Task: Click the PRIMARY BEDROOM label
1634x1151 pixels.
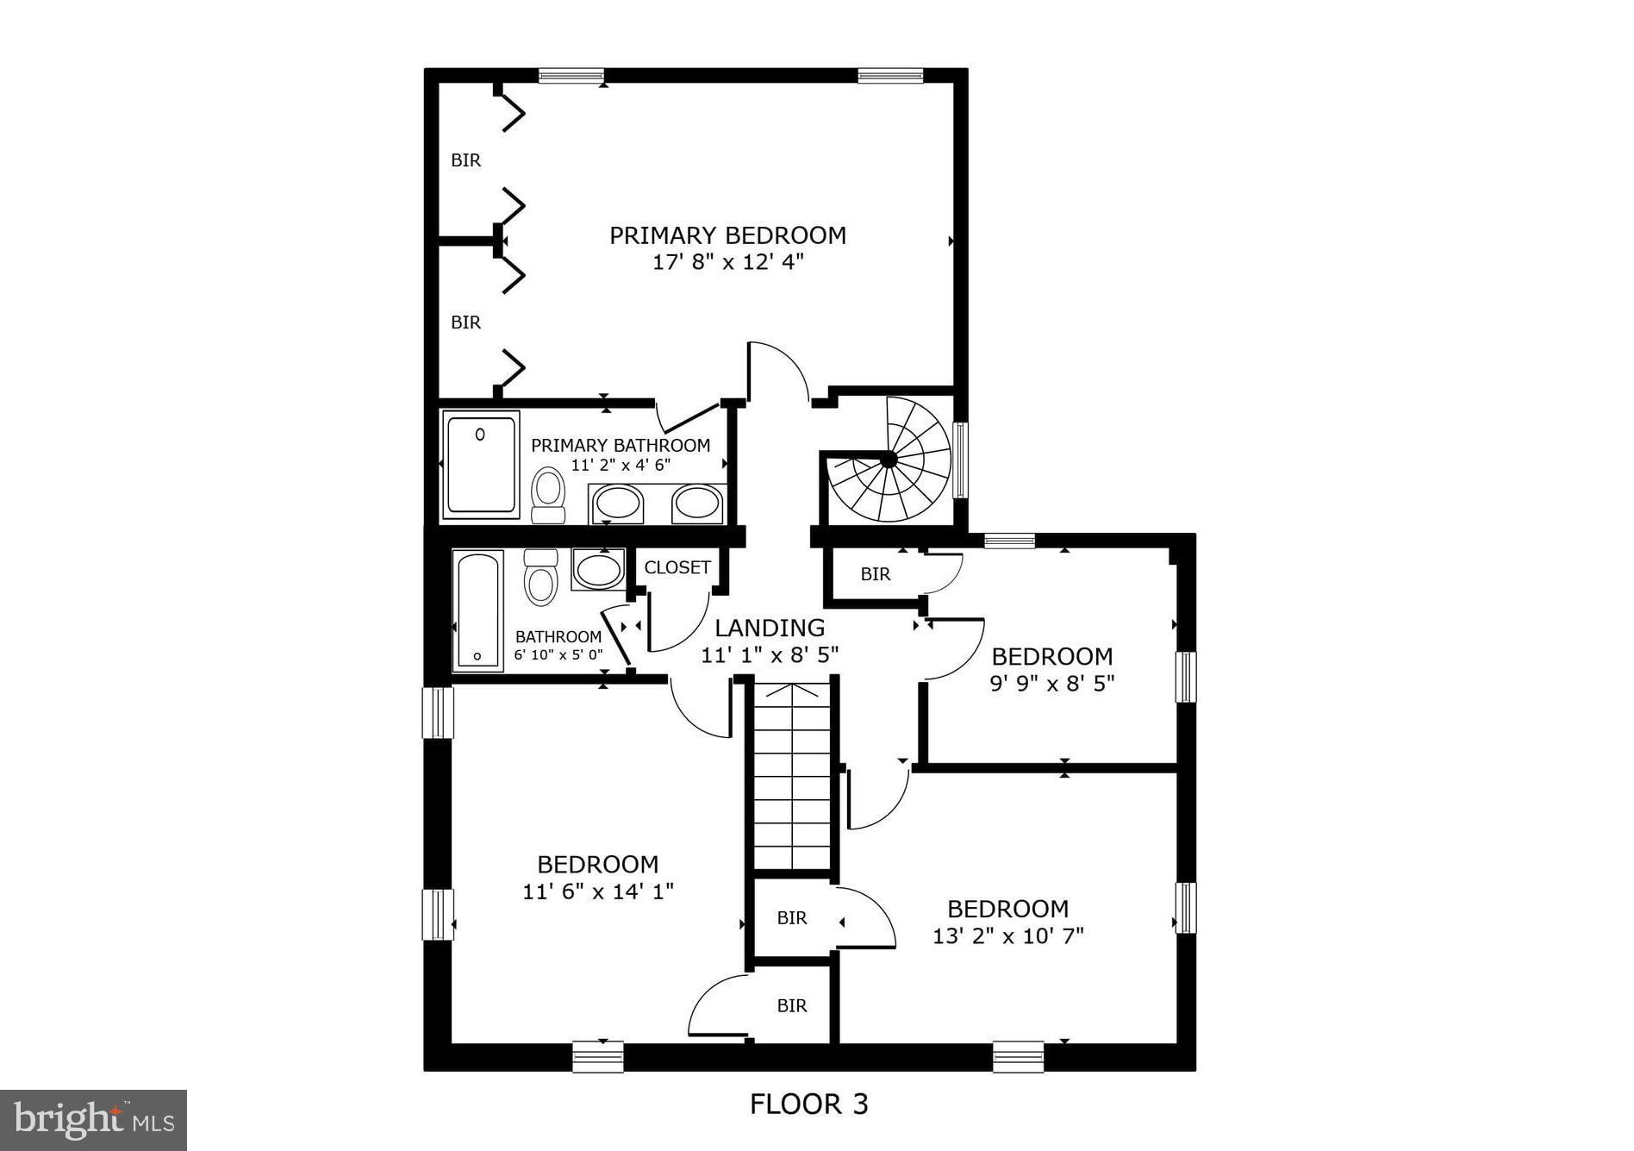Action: (727, 235)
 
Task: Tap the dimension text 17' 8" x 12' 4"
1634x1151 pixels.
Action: (727, 262)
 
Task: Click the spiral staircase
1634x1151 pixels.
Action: (888, 461)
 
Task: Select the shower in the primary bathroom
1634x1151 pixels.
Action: (481, 465)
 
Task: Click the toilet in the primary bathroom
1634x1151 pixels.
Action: (547, 493)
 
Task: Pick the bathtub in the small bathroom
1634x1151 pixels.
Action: (477, 611)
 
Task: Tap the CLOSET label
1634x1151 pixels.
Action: (677, 567)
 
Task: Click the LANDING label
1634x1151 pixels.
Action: (769, 628)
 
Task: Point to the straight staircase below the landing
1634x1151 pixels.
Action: (792, 776)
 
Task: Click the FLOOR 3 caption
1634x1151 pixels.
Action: (808, 1104)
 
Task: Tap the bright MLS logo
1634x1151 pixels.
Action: (93, 1120)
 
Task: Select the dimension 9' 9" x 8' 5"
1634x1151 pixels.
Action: (1051, 684)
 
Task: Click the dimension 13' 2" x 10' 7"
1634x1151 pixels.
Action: (1007, 935)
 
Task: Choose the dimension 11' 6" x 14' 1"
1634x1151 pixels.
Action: (597, 891)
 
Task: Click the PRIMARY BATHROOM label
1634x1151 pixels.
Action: (620, 445)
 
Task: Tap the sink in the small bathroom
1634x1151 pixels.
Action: (597, 570)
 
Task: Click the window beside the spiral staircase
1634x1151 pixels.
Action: (961, 460)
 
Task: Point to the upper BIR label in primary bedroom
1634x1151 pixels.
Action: (465, 160)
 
